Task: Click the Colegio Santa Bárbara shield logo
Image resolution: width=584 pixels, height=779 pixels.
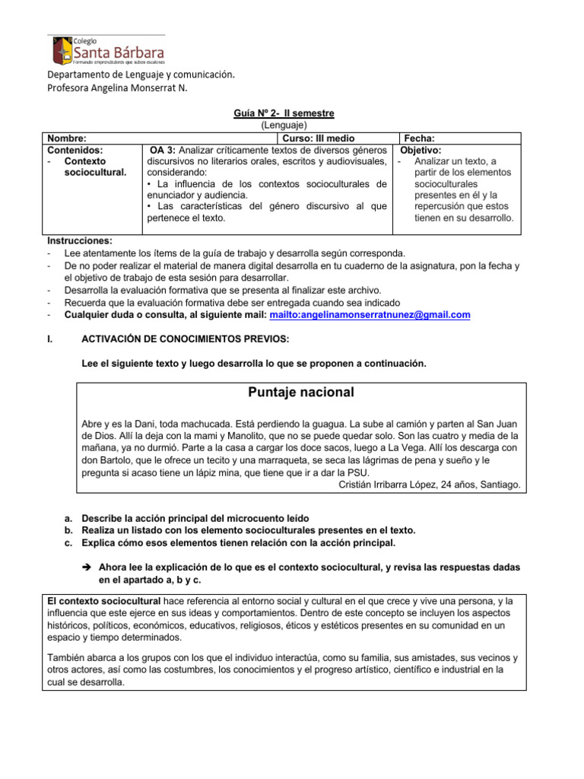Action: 62,50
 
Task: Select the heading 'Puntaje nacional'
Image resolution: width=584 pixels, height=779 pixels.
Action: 301,393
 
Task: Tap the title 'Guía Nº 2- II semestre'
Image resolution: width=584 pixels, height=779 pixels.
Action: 284,113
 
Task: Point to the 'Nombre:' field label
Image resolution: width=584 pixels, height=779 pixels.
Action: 66,138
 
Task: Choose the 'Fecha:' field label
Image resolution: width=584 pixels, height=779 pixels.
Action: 419,138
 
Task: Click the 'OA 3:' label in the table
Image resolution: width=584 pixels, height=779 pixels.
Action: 163,151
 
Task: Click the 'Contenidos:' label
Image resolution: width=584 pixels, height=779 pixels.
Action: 75,151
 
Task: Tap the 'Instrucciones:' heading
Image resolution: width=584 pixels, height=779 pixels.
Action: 79,240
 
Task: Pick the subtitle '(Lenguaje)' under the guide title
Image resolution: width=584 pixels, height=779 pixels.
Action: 284,125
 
